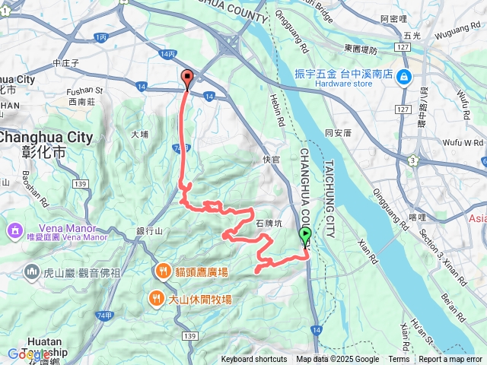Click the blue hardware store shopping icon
pyautogui.click(x=403, y=76)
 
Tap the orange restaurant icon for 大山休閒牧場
pyautogui.click(x=156, y=298)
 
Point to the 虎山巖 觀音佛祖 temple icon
pyautogui.click(x=32, y=271)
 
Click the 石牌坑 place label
pyautogui.click(x=269, y=224)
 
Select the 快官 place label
pyautogui.click(x=271, y=159)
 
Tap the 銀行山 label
pyautogui.click(x=150, y=231)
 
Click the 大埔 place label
pyautogui.click(x=140, y=134)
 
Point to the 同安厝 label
pyautogui.click(x=338, y=133)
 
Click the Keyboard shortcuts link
pyautogui.click(x=254, y=360)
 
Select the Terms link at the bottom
pyautogui.click(x=399, y=360)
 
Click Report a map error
pyautogui.click(x=451, y=360)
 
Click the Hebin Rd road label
pyautogui.click(x=276, y=110)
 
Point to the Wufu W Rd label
pyautogui.click(x=463, y=142)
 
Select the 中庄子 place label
pyautogui.click(x=68, y=63)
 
